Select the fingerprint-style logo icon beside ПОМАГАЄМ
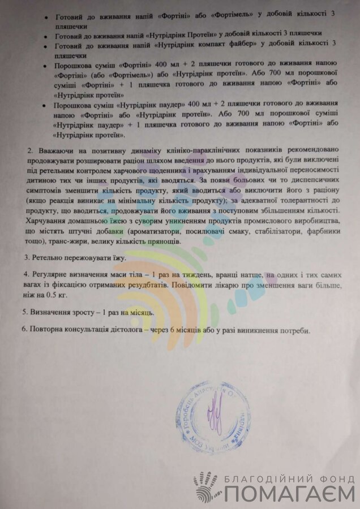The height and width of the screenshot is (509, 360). [x=204, y=488]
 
